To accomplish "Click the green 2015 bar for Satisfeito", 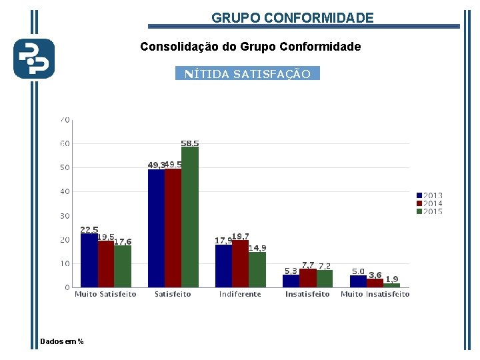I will pyautogui.click(x=190, y=217).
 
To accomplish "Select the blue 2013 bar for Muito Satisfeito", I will pyautogui.click(x=89, y=261).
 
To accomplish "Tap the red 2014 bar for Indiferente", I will pyautogui.click(x=240, y=264).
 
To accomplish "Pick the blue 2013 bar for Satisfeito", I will pyautogui.click(x=156, y=229).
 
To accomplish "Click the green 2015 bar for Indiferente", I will pyautogui.click(x=257, y=270).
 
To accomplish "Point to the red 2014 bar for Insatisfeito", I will pyautogui.click(x=307, y=279).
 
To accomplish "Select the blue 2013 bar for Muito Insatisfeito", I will pyautogui.click(x=358, y=281).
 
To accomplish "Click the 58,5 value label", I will pyautogui.click(x=190, y=143).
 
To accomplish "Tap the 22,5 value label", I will pyautogui.click(x=89, y=230).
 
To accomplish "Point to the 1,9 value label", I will pyautogui.click(x=392, y=279).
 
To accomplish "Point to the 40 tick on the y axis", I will pyautogui.click(x=65, y=191).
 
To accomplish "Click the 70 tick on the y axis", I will pyautogui.click(x=65, y=120).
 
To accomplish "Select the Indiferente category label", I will pyautogui.click(x=240, y=294).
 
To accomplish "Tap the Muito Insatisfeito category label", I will pyautogui.click(x=375, y=294).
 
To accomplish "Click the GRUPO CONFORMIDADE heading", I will pyautogui.click(x=293, y=18).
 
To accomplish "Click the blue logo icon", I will pyautogui.click(x=34, y=59).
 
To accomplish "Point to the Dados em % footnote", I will pyautogui.click(x=62, y=341).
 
